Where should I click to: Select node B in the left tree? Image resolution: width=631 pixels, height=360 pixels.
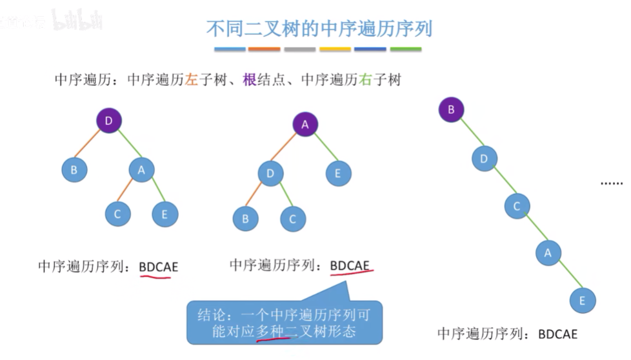click(74, 170)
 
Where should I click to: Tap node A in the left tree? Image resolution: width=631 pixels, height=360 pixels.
click(141, 170)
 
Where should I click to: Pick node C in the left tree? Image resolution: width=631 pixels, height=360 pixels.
click(117, 214)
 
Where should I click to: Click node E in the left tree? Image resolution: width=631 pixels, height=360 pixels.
click(165, 214)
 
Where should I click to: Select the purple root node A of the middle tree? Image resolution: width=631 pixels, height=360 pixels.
click(305, 125)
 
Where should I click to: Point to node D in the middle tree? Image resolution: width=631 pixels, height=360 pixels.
click(270, 174)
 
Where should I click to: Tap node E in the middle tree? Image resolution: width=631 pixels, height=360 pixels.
click(338, 173)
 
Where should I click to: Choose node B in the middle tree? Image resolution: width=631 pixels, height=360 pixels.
click(245, 218)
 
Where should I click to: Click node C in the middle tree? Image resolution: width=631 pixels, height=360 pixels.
click(292, 218)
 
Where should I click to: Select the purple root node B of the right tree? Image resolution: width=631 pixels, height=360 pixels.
click(451, 109)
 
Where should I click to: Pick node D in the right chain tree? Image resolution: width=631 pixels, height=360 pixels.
click(484, 158)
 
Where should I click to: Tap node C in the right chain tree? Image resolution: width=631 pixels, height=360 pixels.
click(516, 206)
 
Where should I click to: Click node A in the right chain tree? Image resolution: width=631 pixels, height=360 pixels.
click(548, 253)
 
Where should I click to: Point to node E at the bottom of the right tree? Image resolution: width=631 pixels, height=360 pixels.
click(582, 300)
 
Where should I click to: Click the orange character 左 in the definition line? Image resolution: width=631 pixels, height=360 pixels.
click(191, 80)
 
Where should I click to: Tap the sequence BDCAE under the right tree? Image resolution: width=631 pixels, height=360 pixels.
click(558, 334)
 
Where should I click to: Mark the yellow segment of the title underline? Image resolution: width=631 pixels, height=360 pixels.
click(335, 49)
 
